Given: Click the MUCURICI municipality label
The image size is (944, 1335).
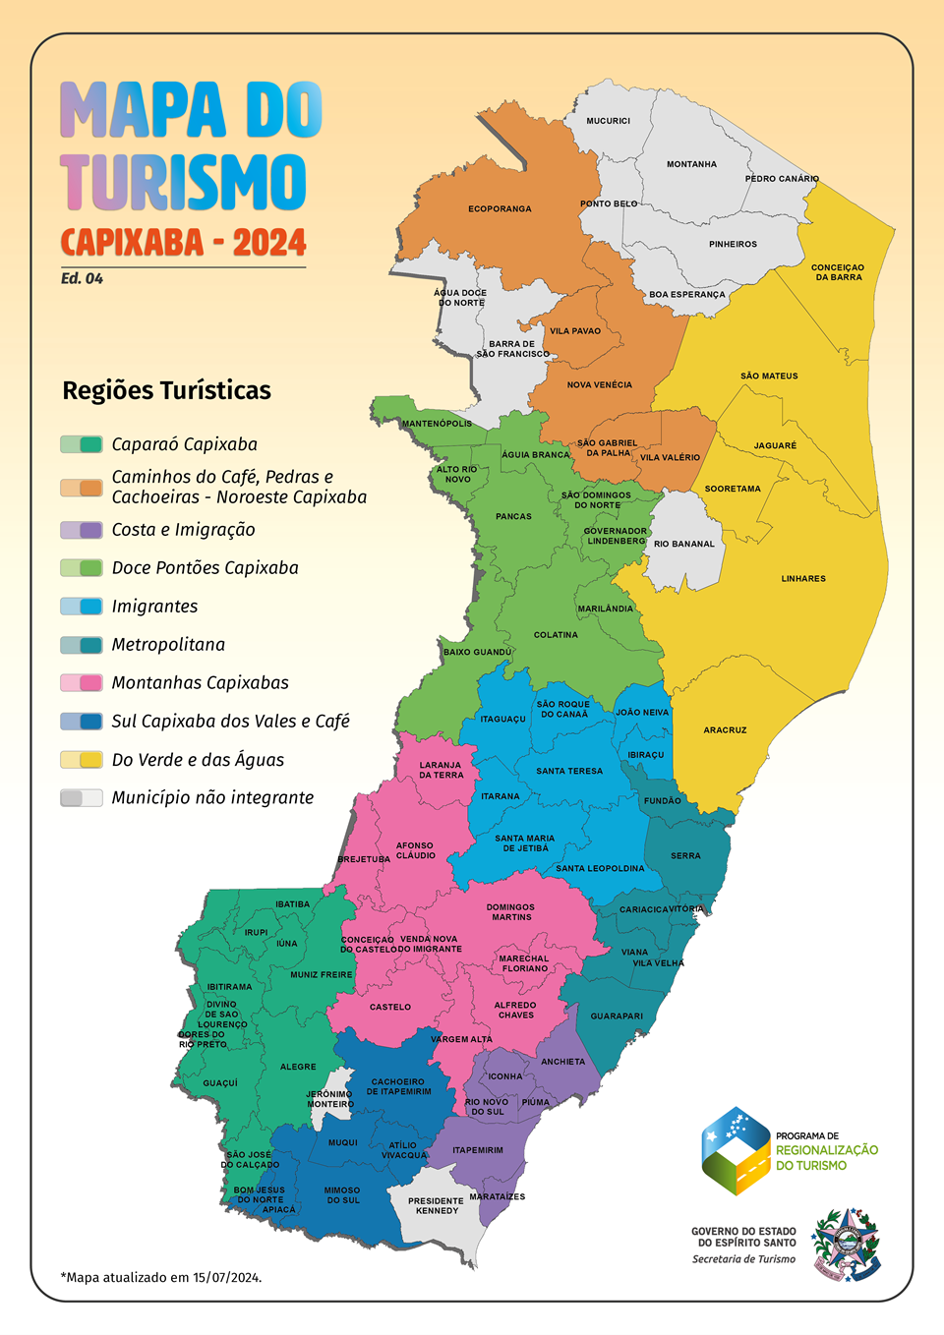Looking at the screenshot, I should (x=608, y=121).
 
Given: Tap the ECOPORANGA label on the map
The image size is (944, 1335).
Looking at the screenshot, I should (x=500, y=209).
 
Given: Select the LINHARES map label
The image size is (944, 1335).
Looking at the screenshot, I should (x=803, y=579).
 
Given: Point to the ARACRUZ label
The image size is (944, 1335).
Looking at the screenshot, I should (x=725, y=730).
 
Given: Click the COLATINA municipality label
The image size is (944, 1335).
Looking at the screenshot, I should (x=556, y=635).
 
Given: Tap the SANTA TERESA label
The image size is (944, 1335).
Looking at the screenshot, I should (x=569, y=772).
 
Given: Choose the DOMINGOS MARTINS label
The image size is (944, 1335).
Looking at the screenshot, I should (x=510, y=912).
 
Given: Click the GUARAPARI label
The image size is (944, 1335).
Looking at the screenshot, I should (x=617, y=1016).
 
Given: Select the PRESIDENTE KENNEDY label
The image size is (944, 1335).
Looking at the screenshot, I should (x=436, y=1206).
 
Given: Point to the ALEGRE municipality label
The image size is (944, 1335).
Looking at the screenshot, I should (x=298, y=1067).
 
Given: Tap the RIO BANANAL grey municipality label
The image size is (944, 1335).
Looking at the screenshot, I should (x=684, y=544).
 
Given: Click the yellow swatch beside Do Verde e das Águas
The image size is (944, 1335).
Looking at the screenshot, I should (x=82, y=760).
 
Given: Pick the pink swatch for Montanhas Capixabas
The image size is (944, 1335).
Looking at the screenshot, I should (x=82, y=683).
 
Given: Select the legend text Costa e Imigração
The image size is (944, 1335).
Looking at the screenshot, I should (x=183, y=530).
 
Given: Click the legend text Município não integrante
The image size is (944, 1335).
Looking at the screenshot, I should (x=212, y=798).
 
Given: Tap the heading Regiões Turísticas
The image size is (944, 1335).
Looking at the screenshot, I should (x=166, y=391).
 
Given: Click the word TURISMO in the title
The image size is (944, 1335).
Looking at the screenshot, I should (x=184, y=183).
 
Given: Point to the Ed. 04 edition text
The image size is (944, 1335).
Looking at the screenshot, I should (x=82, y=279).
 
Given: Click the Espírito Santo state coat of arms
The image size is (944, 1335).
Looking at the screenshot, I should (x=845, y=1245).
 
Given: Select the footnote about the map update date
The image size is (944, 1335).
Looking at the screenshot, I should (x=161, y=1278).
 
